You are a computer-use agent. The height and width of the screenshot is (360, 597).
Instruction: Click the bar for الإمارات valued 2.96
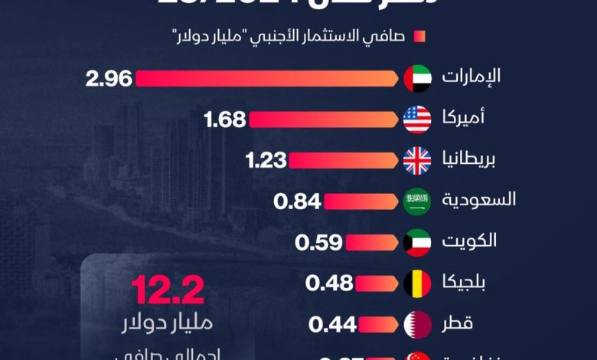268,78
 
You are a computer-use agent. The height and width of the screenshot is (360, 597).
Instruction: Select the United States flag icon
417,119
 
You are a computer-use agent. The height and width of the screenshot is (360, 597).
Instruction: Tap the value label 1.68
225,119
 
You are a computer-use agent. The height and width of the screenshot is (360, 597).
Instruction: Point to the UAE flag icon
417,78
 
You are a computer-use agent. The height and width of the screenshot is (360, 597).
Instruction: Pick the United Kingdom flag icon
417,161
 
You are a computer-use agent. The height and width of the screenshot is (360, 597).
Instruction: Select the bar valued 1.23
344,161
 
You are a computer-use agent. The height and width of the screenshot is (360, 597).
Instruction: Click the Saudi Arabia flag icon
417,201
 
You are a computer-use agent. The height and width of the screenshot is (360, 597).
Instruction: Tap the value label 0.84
298,201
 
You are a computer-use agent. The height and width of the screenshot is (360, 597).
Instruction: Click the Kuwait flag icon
417,243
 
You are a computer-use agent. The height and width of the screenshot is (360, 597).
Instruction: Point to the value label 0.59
318,243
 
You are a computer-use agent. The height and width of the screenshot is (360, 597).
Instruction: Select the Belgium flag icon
417,283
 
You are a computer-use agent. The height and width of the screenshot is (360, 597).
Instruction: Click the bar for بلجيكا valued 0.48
378,283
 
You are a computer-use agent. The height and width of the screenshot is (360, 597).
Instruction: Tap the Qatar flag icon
417,325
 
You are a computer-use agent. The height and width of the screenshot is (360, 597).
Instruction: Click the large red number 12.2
167,292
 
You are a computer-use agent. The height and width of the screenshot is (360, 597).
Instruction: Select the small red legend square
419,35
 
